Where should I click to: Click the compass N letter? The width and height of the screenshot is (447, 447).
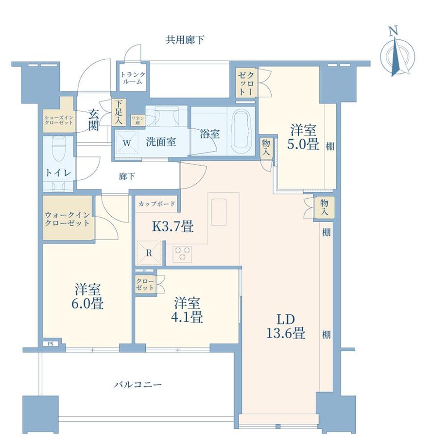point(394,31)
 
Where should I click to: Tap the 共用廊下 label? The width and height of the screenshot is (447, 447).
point(185,40)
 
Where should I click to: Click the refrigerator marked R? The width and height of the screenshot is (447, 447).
point(149,253)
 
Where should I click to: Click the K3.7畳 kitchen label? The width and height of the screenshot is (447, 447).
point(173,227)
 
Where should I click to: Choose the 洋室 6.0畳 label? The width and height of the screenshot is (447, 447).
point(87,297)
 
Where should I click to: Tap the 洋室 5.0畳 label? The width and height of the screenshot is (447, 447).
point(303,138)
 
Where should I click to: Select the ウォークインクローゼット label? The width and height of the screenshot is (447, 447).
point(68,219)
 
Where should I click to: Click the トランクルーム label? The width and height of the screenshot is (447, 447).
point(133,78)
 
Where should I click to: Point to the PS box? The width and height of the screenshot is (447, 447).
point(51,344)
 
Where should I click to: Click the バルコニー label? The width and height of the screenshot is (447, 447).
point(138,385)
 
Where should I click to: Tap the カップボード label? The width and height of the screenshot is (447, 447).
point(156,204)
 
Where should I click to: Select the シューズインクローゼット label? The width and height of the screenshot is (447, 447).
point(59,120)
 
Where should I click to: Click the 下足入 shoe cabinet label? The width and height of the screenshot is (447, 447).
point(118,112)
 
